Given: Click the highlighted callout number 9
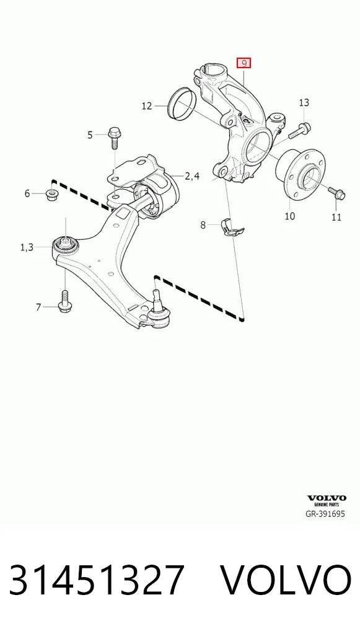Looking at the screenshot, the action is [244, 63].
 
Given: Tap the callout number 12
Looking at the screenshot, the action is [147, 106].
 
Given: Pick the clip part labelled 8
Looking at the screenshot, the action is [232, 227].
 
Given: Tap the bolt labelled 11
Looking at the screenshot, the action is [336, 193].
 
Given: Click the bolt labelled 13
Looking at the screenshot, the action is [300, 130].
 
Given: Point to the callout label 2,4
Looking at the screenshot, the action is [192, 176].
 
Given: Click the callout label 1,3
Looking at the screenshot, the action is [27, 247].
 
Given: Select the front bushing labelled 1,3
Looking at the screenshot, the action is [65, 244].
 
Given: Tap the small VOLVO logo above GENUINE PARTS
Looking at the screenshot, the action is [327, 498].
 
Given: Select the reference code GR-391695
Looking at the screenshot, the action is [325, 513].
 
